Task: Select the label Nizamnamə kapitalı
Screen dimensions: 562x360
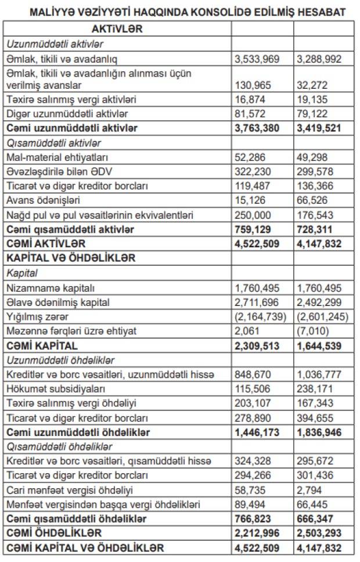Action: tap(47, 288)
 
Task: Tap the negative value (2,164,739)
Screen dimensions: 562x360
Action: tap(260, 317)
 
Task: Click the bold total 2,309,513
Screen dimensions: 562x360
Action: tap(256, 346)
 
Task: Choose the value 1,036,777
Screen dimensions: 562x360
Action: tap(319, 375)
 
